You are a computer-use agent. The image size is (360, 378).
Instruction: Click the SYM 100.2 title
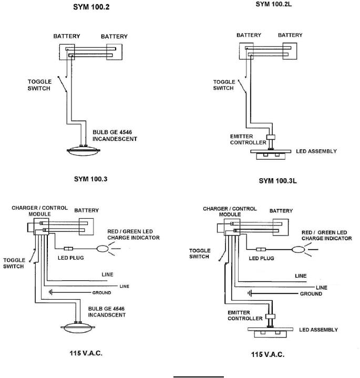tap(91, 7)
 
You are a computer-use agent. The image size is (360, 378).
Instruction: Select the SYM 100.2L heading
tap(273, 4)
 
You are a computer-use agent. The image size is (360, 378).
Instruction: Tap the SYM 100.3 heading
tap(90, 179)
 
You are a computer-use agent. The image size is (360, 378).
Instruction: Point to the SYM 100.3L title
tap(277, 181)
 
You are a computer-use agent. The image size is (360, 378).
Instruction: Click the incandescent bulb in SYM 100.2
tap(84, 151)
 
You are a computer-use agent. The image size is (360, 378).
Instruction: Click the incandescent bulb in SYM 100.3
tap(78, 327)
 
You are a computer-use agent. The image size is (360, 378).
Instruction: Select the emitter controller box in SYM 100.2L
tap(271, 137)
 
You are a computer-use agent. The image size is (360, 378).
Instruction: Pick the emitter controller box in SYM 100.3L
tap(270, 316)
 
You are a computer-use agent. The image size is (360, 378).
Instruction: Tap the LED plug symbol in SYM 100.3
tap(68, 249)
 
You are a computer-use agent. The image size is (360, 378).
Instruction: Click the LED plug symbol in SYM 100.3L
tap(261, 250)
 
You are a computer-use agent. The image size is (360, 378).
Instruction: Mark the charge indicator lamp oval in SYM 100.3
tap(102, 249)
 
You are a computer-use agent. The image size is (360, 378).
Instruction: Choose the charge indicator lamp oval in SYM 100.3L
tap(298, 250)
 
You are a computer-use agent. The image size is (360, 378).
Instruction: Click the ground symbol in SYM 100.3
tap(50, 292)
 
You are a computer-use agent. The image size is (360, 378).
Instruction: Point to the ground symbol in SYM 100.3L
tap(250, 293)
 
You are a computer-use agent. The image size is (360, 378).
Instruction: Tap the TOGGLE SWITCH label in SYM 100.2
tap(39, 85)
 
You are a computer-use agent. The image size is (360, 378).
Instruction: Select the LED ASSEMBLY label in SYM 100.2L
tap(316, 151)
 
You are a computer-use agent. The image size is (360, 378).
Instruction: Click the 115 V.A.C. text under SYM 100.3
tap(86, 353)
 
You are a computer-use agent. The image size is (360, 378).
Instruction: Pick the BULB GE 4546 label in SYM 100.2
tap(112, 132)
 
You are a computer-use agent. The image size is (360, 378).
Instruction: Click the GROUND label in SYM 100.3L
tap(311, 294)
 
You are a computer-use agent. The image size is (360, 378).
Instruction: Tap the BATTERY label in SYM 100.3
tap(87, 210)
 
